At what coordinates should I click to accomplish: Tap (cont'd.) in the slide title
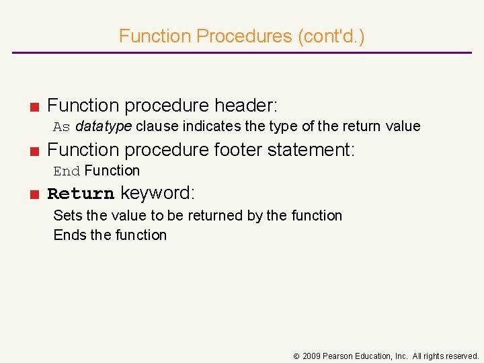click(x=331, y=36)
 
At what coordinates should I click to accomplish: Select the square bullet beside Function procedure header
click(x=33, y=106)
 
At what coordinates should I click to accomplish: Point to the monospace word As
click(x=62, y=126)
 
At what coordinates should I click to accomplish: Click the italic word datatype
click(x=104, y=126)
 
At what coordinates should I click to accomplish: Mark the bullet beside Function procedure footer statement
click(x=33, y=151)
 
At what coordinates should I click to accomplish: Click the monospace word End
click(x=67, y=171)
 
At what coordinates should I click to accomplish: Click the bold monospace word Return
click(x=81, y=194)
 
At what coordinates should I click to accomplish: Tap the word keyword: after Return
click(x=157, y=194)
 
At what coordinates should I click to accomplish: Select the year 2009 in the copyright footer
click(x=311, y=356)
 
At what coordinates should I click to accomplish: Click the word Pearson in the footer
click(x=339, y=356)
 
